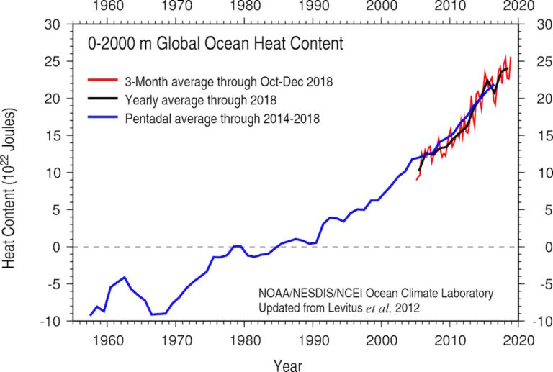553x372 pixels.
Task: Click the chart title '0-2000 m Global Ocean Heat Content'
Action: pos(215,45)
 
